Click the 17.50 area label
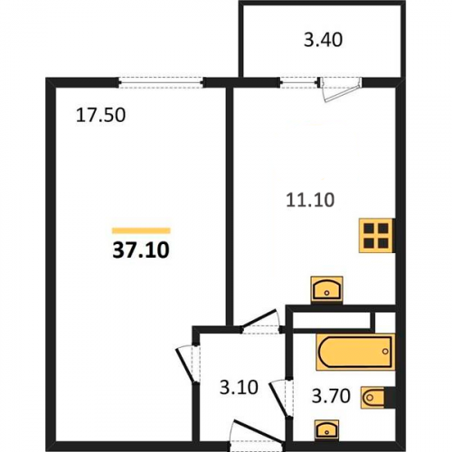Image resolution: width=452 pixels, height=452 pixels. tap(100, 115)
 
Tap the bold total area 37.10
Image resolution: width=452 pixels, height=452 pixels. tap(141, 250)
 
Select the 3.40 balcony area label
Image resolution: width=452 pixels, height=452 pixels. tap(323, 40)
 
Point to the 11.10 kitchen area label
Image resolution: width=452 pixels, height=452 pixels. tap(310, 200)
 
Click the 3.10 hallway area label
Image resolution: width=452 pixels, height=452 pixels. tap(239, 387)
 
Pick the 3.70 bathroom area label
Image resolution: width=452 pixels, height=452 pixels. tap(331, 396)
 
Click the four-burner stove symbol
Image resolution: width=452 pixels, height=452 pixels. tap(376, 235)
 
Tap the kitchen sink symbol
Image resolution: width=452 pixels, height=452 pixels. tap(326, 288)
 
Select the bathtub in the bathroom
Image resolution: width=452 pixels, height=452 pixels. tap(355, 352)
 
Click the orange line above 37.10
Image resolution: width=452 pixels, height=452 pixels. tap(141, 231)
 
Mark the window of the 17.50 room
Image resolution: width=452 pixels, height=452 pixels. tap(161, 82)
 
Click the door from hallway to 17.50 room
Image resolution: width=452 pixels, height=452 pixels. tap(187, 364)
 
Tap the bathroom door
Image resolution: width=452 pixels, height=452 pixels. tap(282, 397)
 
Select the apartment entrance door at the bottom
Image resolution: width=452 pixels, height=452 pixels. tap(257, 436)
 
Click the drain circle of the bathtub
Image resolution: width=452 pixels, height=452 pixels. tap(385, 352)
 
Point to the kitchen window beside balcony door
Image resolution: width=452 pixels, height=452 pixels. tap(299, 82)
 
